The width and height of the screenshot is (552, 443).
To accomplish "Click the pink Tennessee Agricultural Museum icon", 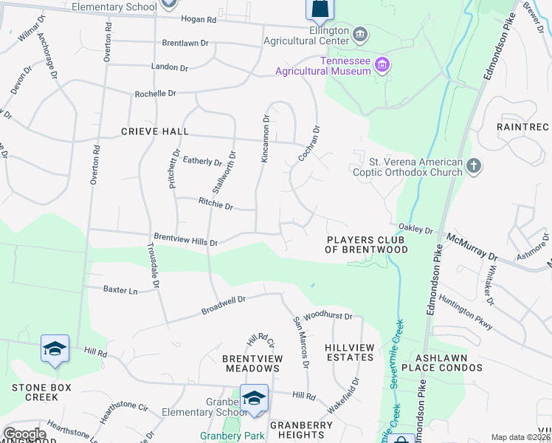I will point(382,66).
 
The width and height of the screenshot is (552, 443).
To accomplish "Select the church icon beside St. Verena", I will point(474,167).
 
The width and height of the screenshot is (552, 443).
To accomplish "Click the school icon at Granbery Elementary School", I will point(254,399).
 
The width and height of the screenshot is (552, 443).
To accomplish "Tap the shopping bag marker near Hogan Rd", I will point(320,9).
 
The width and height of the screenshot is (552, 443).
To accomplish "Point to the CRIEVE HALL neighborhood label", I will point(155,131).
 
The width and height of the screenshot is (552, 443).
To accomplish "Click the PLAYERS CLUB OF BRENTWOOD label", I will point(367,244).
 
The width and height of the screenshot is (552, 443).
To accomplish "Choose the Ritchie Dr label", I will point(215,204).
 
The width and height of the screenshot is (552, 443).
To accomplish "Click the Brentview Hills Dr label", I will point(184,239).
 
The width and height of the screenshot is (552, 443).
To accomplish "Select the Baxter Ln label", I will point(120,291).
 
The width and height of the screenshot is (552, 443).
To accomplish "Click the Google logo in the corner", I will point(24,434).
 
